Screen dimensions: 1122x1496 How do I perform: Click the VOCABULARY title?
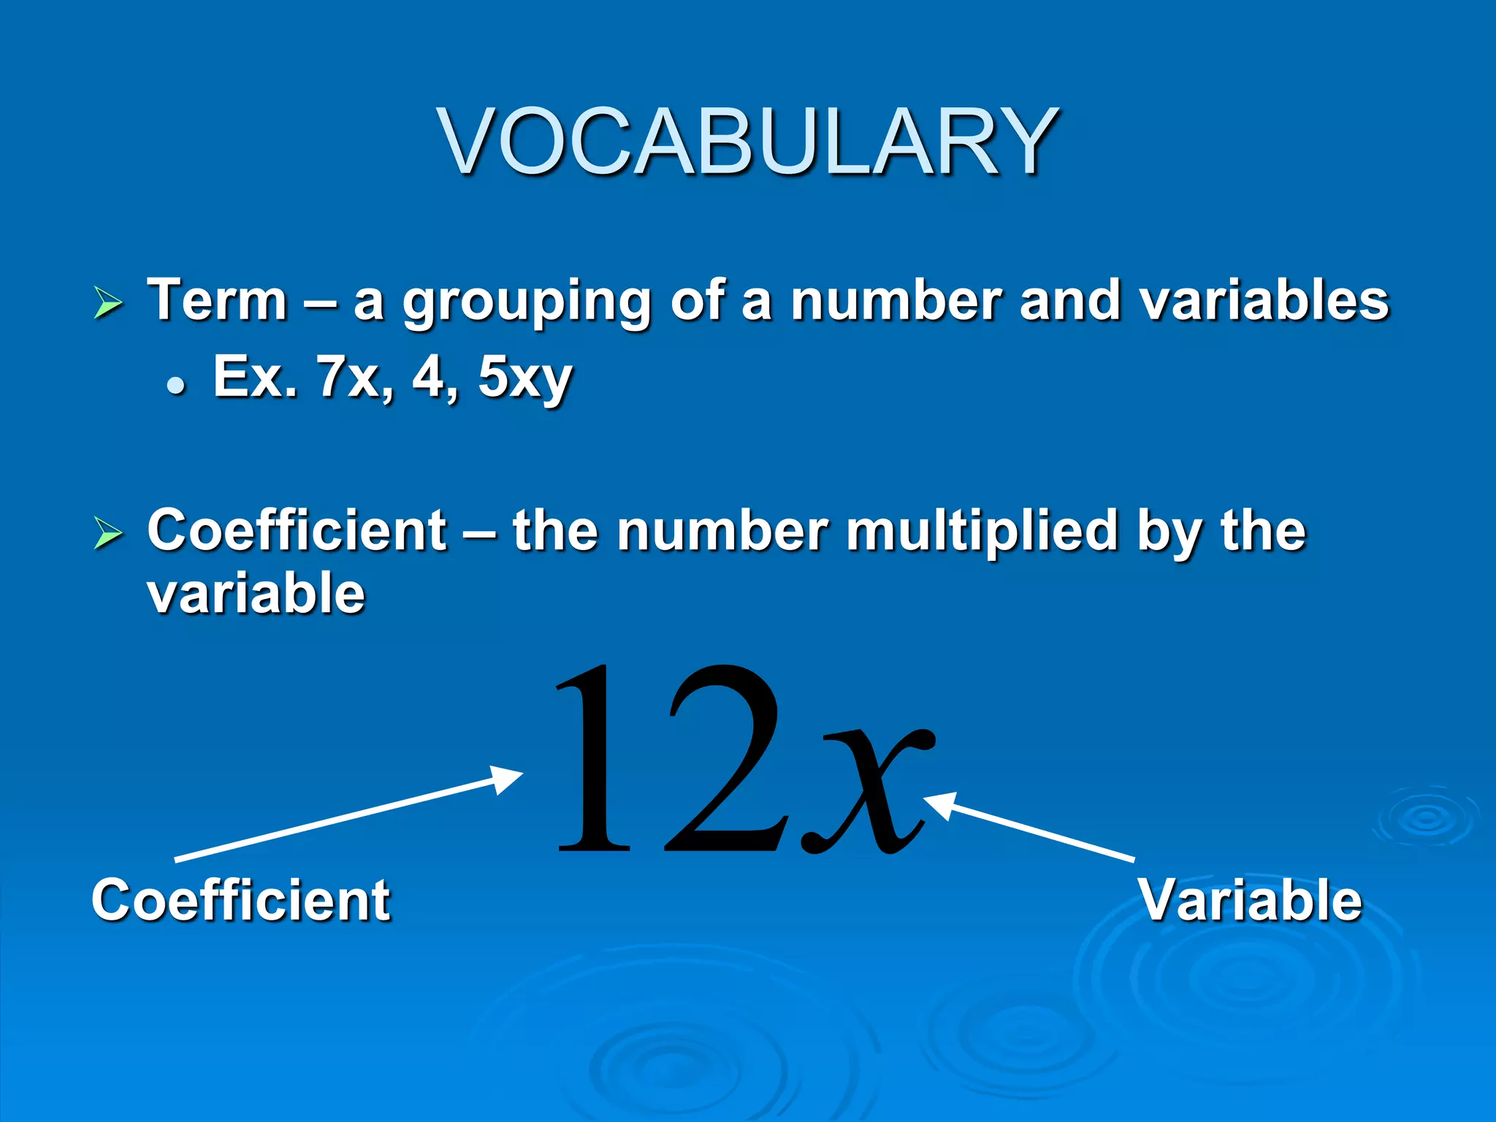click(748, 142)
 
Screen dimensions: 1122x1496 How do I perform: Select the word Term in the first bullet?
click(218, 299)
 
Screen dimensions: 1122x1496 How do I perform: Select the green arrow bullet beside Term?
click(108, 303)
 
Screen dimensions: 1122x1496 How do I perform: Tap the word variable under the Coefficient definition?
click(256, 593)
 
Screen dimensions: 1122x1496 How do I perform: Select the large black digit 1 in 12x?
click(593, 760)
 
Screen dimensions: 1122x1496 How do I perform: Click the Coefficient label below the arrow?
click(241, 900)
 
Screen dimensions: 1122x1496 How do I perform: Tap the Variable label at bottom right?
click(1251, 900)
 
